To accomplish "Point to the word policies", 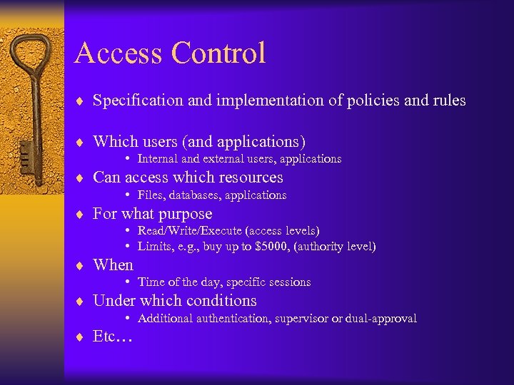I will point(373,101).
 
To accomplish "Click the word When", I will point(113,265).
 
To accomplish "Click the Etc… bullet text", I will point(113,337).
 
